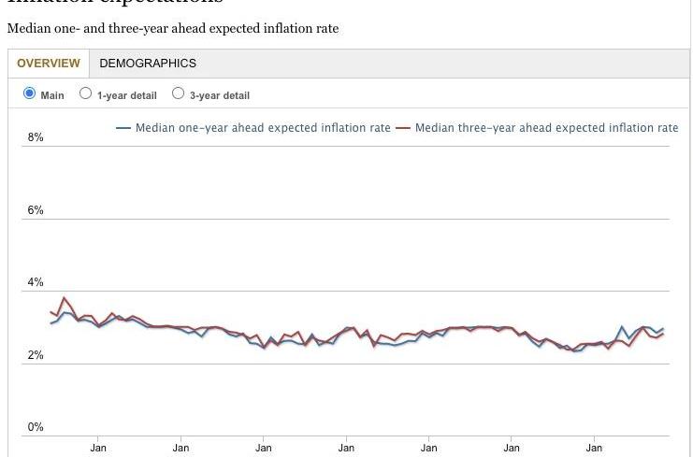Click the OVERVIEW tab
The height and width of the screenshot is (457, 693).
pos(48,64)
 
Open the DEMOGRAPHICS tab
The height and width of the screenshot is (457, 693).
pos(148,64)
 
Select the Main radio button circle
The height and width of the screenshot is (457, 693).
pos(29,93)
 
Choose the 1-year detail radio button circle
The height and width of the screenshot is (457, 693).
pos(86,93)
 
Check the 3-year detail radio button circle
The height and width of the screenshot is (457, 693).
pos(179,93)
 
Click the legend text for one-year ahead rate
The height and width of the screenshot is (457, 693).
pos(263,128)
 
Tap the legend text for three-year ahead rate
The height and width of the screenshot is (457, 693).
pos(546,128)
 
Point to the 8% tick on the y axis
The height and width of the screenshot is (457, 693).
pos(36,137)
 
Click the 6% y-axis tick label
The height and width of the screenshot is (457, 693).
pos(36,210)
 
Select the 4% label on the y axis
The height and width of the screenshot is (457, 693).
pos(36,282)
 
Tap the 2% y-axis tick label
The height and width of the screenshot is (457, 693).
pos(36,355)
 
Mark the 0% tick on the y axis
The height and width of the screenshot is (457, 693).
pos(36,427)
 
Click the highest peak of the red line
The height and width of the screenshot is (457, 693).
pos(64,298)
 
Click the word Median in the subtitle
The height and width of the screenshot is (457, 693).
pos(27,28)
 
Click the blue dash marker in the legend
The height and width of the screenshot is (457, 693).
pos(123,128)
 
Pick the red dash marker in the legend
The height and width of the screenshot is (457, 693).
pos(403,128)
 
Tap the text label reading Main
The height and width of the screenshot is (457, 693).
pos(52,95)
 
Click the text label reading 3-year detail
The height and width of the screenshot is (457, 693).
pos(220,95)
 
